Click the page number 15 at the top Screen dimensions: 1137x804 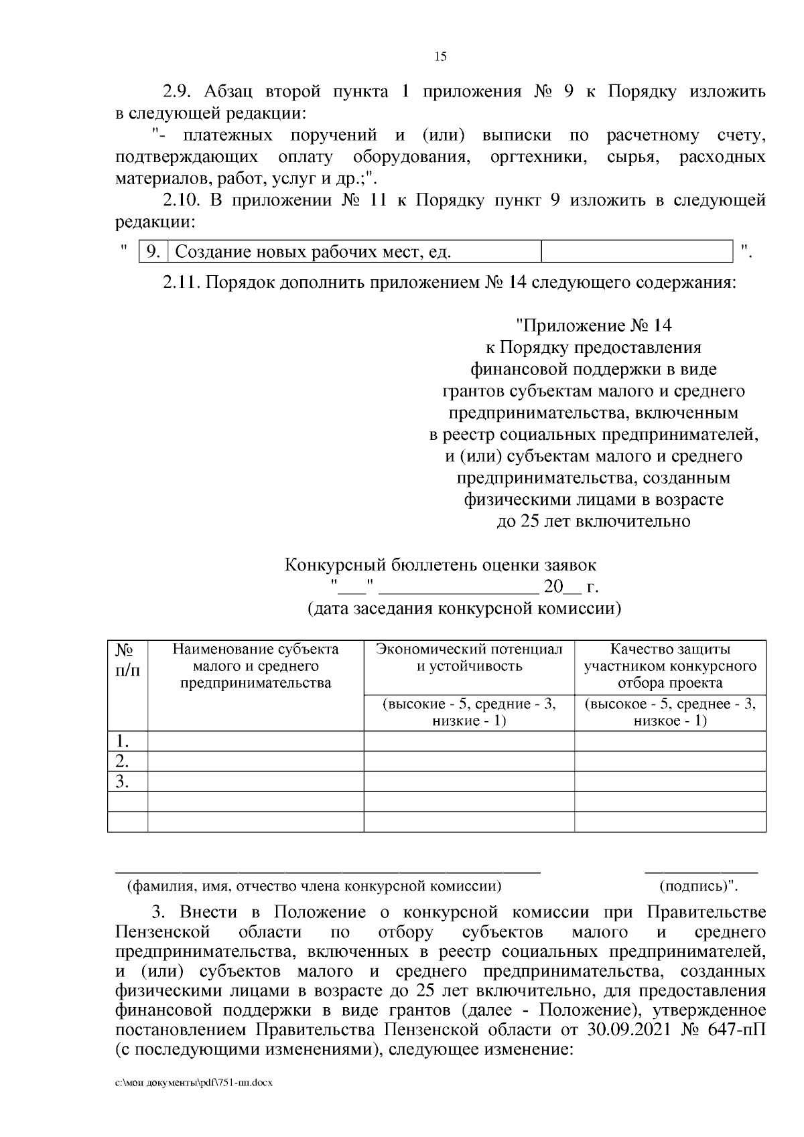[x=440, y=56]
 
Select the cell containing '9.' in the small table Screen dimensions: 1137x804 [x=153, y=252]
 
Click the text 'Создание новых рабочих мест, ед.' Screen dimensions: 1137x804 [x=313, y=252]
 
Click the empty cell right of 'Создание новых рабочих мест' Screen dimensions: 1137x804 [x=636, y=252]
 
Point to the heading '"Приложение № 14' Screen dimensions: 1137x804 [x=593, y=325]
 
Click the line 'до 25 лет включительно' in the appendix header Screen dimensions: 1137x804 [x=593, y=521]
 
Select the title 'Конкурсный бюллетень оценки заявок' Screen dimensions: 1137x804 [x=440, y=565]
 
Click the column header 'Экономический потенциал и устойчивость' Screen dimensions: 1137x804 [x=469, y=658]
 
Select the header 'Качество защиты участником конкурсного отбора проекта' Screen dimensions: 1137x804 [x=670, y=666]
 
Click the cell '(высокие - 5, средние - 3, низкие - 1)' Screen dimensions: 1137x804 [x=469, y=712]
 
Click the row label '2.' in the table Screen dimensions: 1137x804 [x=122, y=761]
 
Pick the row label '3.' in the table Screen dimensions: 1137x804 [x=122, y=781]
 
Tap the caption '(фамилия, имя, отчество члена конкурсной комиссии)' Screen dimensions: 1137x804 [x=314, y=887]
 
